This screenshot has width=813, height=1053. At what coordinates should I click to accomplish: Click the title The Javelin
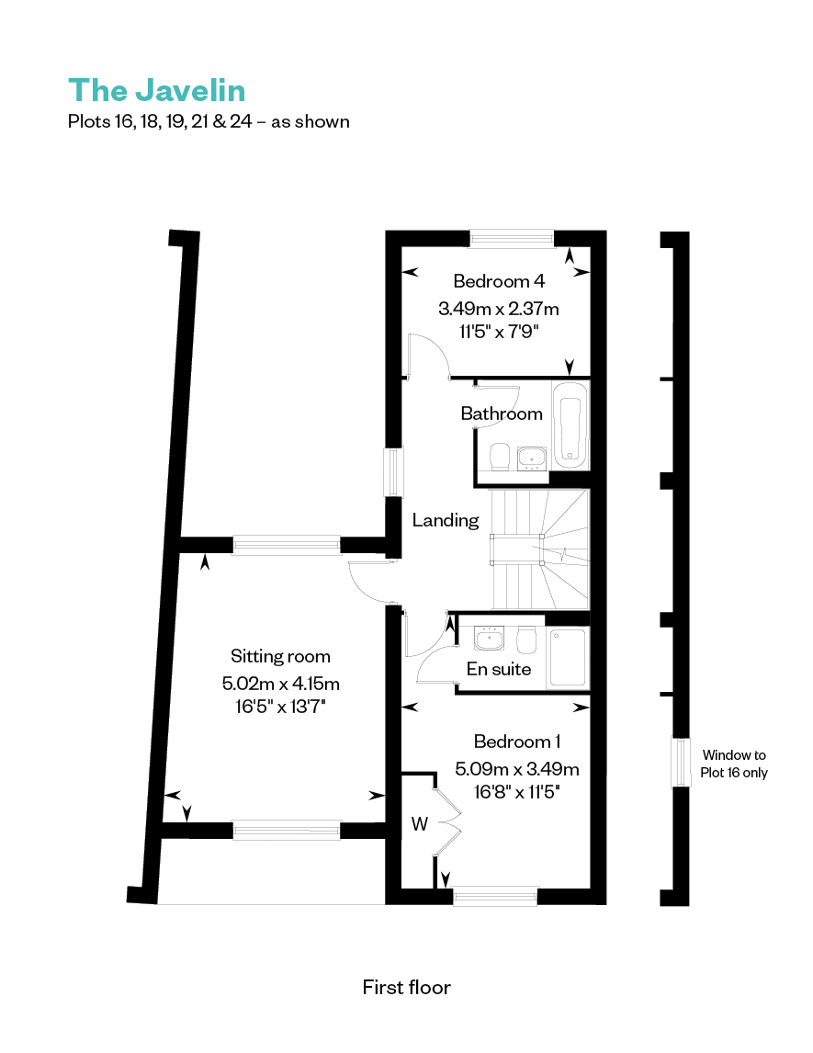(x=156, y=91)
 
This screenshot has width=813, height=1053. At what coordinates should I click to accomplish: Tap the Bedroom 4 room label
(x=499, y=281)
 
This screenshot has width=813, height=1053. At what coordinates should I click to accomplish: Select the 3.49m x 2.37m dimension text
(x=499, y=308)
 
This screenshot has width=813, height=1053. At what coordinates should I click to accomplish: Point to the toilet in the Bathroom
(x=500, y=457)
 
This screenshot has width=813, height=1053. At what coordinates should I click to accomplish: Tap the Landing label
(x=446, y=520)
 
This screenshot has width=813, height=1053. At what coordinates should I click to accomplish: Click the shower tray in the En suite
(x=568, y=658)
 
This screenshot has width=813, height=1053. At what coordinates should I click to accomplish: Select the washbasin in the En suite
(x=490, y=639)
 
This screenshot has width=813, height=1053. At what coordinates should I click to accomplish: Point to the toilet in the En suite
(x=526, y=640)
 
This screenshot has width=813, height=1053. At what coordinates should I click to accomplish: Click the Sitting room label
(x=280, y=656)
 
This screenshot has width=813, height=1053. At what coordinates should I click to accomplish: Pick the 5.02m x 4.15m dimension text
(x=280, y=684)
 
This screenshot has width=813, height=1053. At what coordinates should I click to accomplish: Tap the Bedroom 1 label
(x=517, y=742)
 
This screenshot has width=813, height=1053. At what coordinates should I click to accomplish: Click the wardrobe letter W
(x=420, y=824)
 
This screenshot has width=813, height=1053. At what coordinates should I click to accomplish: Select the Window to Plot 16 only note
(x=734, y=764)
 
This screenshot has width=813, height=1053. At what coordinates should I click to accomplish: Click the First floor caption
(x=407, y=987)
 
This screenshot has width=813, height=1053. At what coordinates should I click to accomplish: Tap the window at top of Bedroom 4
(x=512, y=237)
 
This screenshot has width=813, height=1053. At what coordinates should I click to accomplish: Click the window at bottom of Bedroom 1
(x=495, y=896)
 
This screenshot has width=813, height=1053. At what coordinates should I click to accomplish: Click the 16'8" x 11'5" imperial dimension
(x=517, y=792)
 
